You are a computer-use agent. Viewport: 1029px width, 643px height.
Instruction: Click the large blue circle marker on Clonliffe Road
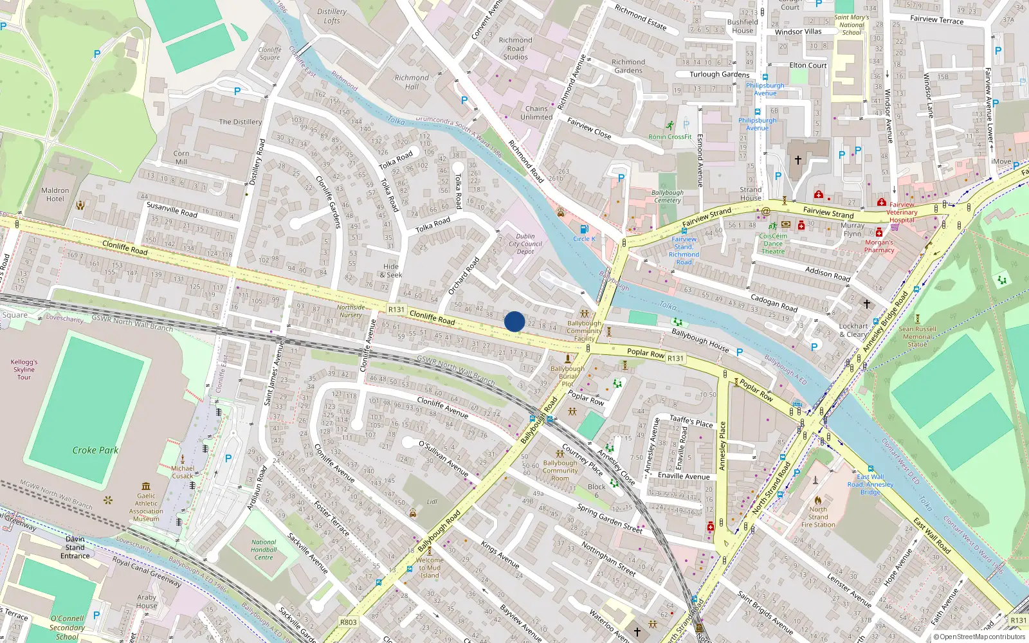(514, 321)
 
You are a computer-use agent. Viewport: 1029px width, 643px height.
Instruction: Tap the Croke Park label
(95, 450)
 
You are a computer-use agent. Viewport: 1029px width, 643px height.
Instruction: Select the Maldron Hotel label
(55, 194)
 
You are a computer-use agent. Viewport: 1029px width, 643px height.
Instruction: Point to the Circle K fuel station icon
(584, 229)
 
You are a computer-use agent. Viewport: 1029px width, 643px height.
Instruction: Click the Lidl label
(432, 502)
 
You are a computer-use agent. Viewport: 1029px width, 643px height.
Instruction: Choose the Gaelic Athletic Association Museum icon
(146, 486)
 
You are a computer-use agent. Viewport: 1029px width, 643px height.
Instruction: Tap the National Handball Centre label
(264, 550)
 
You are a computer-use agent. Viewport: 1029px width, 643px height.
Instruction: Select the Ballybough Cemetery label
(668, 196)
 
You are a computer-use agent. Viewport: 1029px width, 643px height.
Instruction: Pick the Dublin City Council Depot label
(525, 244)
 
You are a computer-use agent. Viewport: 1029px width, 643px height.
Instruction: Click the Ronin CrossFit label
(670, 136)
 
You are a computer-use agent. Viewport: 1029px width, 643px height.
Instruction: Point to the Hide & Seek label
(391, 270)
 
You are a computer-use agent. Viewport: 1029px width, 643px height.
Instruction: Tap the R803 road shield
(349, 622)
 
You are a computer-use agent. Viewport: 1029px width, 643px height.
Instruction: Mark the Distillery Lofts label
(332, 16)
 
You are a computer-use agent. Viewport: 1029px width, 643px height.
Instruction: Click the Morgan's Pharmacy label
(879, 246)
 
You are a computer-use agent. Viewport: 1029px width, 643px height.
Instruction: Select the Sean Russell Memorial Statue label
(917, 336)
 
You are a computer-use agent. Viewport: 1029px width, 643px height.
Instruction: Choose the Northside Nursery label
(351, 311)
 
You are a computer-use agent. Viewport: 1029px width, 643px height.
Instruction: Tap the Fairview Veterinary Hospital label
(902, 212)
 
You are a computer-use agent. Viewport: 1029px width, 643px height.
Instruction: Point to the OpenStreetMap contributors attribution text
(979, 637)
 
